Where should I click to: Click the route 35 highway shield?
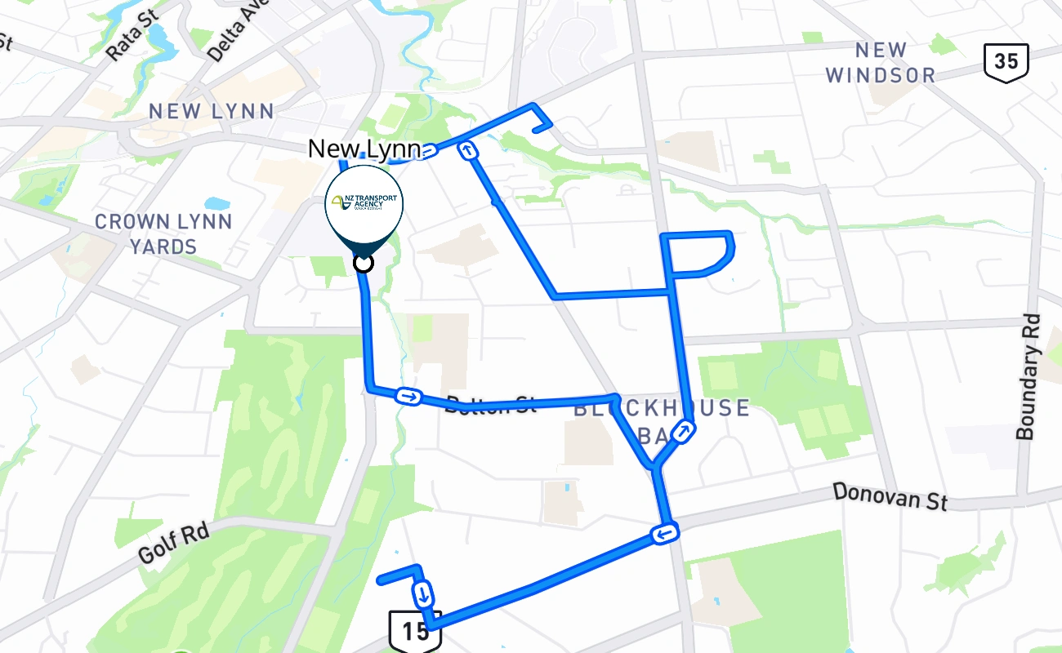(x=1006, y=63)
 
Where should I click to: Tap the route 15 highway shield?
(x=415, y=630)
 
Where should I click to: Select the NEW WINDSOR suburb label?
(x=881, y=63)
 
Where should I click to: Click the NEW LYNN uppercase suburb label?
(x=211, y=112)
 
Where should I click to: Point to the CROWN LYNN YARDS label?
(x=163, y=233)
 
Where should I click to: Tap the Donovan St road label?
(x=890, y=495)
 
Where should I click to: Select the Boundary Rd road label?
(x=1030, y=377)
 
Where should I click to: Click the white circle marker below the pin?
(x=364, y=263)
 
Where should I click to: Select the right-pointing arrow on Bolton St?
(x=408, y=397)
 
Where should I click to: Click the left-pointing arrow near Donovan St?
(x=665, y=534)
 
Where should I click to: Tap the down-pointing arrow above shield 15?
(x=423, y=593)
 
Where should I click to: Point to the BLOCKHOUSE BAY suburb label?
(x=662, y=420)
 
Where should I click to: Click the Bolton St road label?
(x=490, y=404)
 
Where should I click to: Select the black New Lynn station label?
(x=364, y=149)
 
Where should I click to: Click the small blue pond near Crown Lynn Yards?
(x=218, y=203)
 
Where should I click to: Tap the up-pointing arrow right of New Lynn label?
(x=468, y=150)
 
